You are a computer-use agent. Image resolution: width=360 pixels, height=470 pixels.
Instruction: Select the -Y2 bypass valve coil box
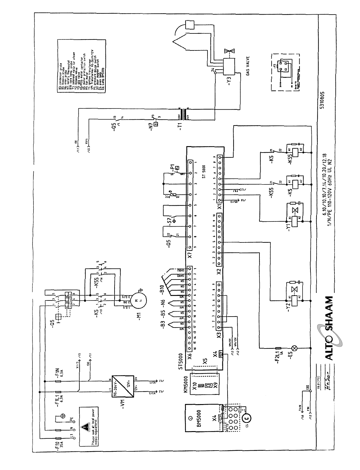(294, 300)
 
